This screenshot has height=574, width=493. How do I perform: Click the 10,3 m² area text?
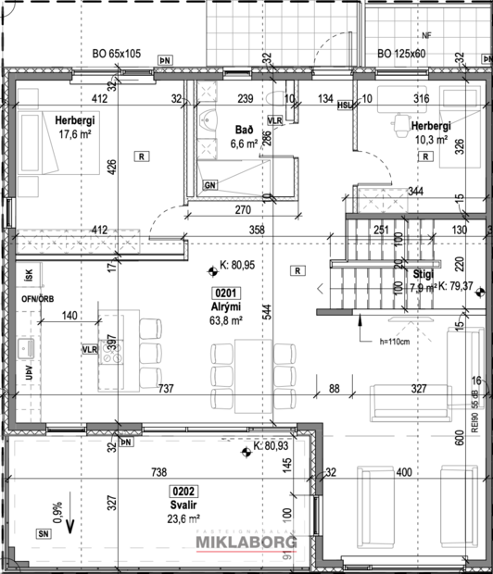coord(430,140)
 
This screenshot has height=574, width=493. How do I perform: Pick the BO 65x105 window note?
coord(117,55)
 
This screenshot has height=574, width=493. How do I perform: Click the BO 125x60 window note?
coord(401,55)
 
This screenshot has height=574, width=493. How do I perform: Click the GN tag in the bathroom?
coord(210,185)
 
